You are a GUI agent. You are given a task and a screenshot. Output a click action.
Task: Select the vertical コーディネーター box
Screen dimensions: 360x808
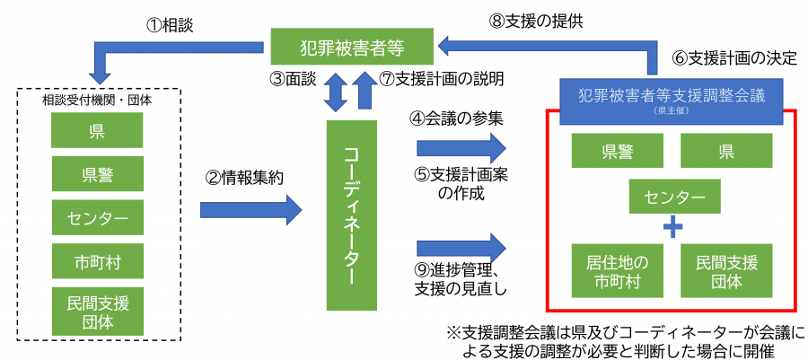point(353,205)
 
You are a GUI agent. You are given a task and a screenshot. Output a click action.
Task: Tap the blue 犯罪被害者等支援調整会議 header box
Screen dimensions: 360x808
point(672,96)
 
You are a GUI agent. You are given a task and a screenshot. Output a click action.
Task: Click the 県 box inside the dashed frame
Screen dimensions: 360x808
point(97,131)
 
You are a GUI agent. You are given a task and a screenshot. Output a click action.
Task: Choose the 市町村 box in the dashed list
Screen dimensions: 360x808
point(97,259)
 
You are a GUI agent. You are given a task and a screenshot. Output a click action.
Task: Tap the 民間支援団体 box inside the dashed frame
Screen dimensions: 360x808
point(97,310)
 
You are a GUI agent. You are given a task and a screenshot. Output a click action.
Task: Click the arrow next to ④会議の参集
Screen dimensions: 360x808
point(461,145)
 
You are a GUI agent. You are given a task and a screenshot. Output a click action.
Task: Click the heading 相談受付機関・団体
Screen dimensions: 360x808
point(96,100)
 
